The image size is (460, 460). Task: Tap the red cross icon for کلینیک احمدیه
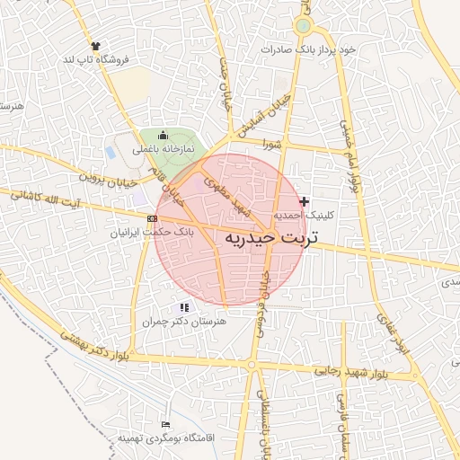click(304, 200)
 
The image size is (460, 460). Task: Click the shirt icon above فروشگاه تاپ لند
click(95, 44)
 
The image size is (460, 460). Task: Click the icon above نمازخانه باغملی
click(162, 134)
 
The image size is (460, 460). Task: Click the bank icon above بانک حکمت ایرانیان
click(151, 218)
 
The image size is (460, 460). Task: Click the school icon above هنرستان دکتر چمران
click(184, 307)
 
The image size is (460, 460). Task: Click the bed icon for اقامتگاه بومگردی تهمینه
click(164, 424)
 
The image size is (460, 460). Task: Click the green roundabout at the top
click(304, 26)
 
